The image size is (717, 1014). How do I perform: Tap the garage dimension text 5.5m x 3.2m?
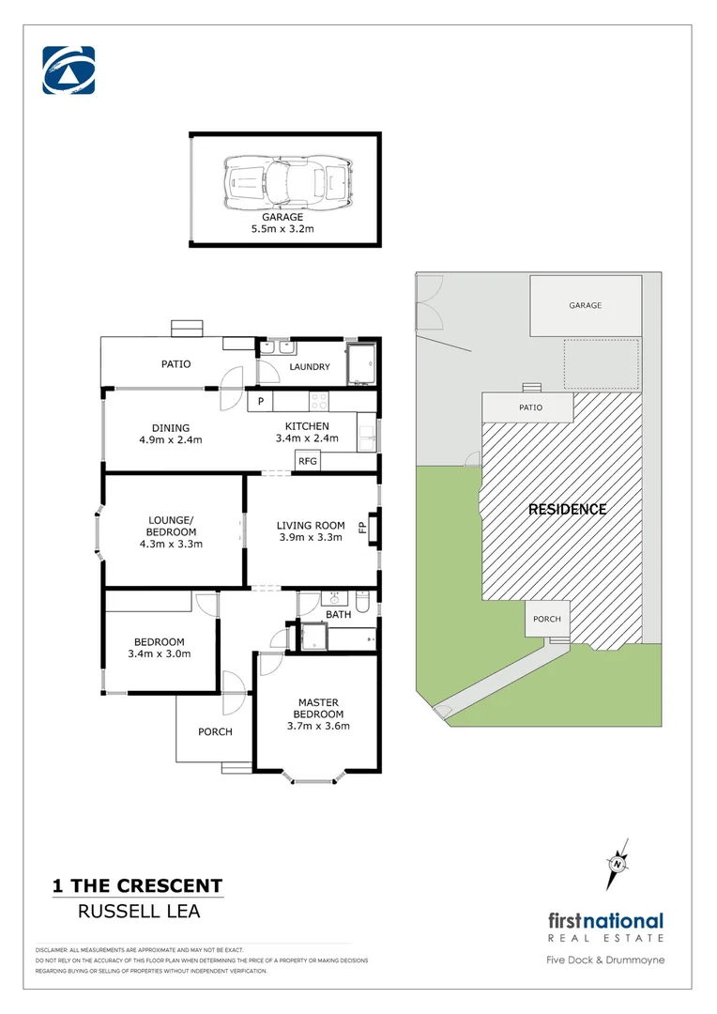click(282, 228)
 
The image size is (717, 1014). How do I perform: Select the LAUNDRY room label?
click(310, 366)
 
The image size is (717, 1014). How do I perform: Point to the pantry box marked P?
click(260, 402)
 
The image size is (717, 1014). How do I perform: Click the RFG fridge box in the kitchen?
click(307, 461)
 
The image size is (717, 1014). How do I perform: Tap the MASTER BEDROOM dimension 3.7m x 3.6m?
click(318, 725)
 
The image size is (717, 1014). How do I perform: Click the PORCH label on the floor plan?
click(214, 731)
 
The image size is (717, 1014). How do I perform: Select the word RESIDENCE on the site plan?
click(567, 509)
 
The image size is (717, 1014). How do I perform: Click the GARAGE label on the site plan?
click(585, 305)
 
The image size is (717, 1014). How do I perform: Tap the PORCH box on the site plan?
click(546, 620)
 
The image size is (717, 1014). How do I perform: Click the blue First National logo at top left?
click(69, 71)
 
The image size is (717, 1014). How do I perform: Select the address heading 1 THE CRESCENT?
click(137, 885)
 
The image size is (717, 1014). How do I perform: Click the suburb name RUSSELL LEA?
click(137, 910)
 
